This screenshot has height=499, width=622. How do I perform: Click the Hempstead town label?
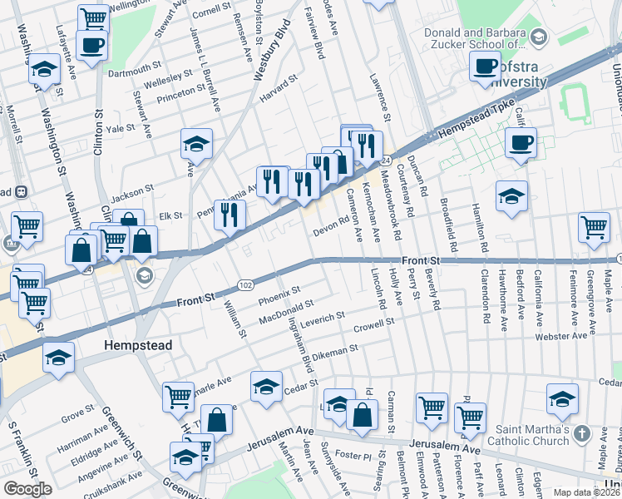[x=137, y=344]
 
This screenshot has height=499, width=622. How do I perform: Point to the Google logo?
[x=28, y=489]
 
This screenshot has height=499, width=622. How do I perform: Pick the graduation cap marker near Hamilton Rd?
[x=512, y=197]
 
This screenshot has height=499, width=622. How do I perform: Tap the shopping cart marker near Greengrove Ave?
[x=594, y=227]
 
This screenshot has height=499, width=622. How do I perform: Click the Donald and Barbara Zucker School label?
[x=475, y=38]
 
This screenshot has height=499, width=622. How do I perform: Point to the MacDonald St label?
[x=285, y=312]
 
